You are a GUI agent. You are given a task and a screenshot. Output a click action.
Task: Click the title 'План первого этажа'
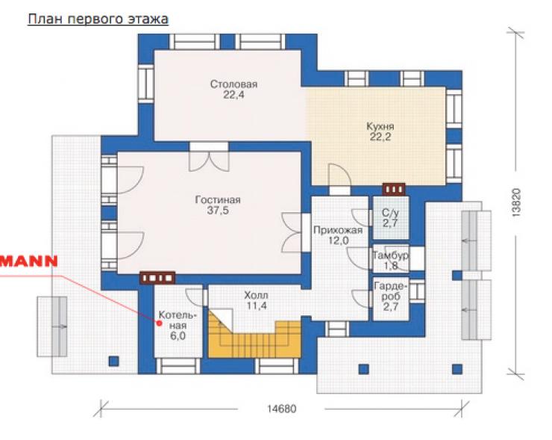point(98,19)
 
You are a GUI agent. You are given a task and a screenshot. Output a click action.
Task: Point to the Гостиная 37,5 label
point(218,205)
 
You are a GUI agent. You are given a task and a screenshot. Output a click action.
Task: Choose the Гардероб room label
point(391,296)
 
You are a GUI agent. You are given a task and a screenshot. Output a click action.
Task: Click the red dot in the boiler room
point(160,323)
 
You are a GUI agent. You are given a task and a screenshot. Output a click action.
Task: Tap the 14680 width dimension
point(282,409)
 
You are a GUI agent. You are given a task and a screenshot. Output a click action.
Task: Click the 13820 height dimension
point(516,202)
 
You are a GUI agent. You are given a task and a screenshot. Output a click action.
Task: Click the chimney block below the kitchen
point(394,189)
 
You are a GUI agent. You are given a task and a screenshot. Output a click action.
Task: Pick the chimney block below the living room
point(157,278)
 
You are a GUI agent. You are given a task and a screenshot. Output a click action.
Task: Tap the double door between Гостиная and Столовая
point(209,158)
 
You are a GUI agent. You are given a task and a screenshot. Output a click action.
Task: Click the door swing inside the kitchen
point(339,174)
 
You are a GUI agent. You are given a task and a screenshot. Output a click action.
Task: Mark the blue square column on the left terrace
point(113,362)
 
